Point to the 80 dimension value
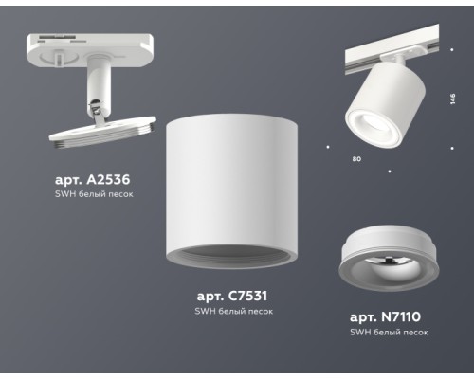click(356, 159)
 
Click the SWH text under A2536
click(66, 193)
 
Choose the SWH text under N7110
click(360, 333)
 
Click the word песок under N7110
click(413, 333)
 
